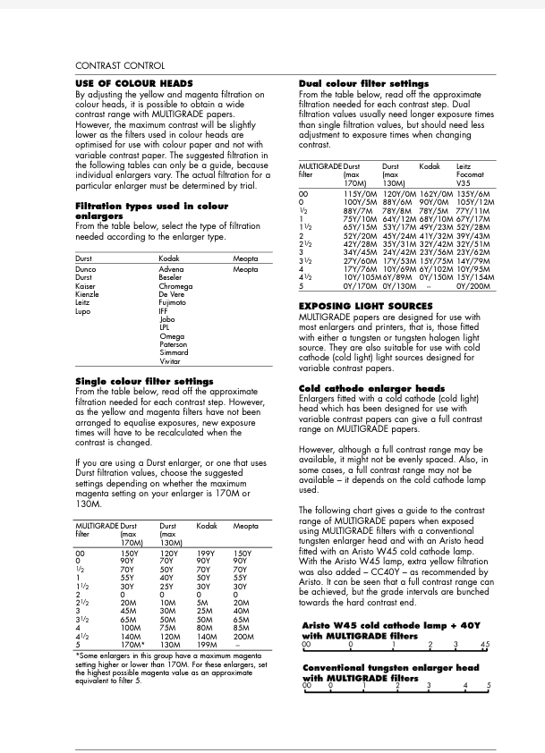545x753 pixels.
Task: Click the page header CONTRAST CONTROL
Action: coord(119,65)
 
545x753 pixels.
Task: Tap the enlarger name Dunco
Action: coord(86,269)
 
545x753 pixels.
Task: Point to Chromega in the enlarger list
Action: coord(175,286)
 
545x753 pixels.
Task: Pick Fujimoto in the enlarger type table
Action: coord(175,303)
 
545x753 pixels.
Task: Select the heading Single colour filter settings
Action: coord(144,381)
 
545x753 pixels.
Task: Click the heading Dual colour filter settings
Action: coord(363,83)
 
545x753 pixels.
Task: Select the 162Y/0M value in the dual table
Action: coord(436,194)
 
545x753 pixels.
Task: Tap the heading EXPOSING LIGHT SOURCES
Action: coord(365,306)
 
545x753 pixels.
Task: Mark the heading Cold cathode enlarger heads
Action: coord(371,388)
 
